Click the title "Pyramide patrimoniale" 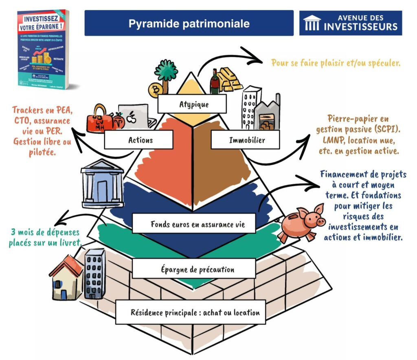click(189, 23)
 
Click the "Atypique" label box click(191, 105)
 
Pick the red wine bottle click(215, 83)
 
